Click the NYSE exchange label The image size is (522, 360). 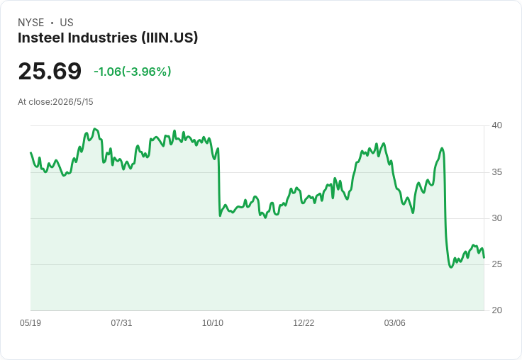click(x=31, y=23)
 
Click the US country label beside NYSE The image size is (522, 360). click(x=67, y=23)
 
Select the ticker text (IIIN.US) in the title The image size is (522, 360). click(x=170, y=38)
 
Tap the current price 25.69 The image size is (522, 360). click(x=50, y=71)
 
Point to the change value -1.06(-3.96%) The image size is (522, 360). click(x=133, y=72)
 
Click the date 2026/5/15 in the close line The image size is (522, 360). click(x=73, y=102)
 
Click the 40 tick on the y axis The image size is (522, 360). click(x=496, y=125)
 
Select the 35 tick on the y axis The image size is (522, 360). click(x=496, y=172)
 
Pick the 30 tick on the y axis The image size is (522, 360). click(x=496, y=218)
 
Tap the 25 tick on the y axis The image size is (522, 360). click(x=496, y=264)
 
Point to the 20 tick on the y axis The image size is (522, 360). click(x=496, y=310)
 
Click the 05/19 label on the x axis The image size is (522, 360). click(x=30, y=323)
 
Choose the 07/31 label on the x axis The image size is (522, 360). click(x=121, y=323)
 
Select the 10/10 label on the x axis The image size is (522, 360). click(x=213, y=323)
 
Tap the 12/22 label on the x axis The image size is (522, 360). click(x=304, y=323)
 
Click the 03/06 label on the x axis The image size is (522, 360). click(x=395, y=323)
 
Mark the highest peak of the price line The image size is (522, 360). click(x=95, y=129)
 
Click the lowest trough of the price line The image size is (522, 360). click(x=451, y=267)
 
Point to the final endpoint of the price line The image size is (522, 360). click(x=484, y=257)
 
